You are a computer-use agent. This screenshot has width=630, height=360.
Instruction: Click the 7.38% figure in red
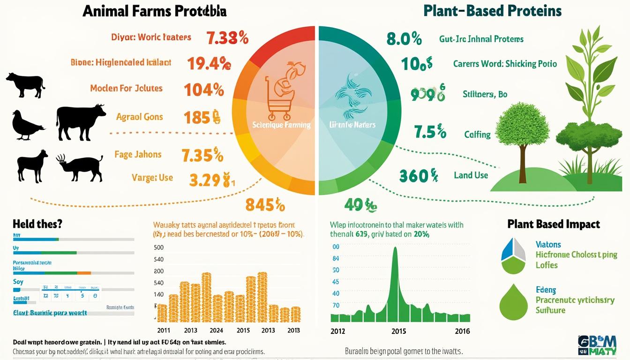coord(227,37)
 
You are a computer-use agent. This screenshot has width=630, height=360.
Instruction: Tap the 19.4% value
coord(209,63)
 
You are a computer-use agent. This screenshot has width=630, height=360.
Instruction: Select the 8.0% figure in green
coord(404,38)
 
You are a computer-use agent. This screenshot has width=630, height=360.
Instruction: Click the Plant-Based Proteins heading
coord(492,11)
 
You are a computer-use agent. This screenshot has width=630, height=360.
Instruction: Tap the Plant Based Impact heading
coord(554,224)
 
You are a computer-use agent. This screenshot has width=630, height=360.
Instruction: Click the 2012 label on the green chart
coord(337,331)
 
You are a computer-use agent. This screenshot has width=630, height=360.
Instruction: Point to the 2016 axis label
coord(462,331)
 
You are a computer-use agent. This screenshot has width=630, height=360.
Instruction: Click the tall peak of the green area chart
coord(395,253)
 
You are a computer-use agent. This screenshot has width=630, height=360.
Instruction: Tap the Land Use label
coord(471,175)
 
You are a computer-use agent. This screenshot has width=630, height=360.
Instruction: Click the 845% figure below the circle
coord(265,205)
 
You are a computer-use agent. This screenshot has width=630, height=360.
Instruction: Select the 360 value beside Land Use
coord(418,176)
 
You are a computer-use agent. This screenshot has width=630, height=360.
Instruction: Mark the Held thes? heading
coord(37,224)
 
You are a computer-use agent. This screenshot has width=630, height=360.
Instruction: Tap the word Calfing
coord(477,135)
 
